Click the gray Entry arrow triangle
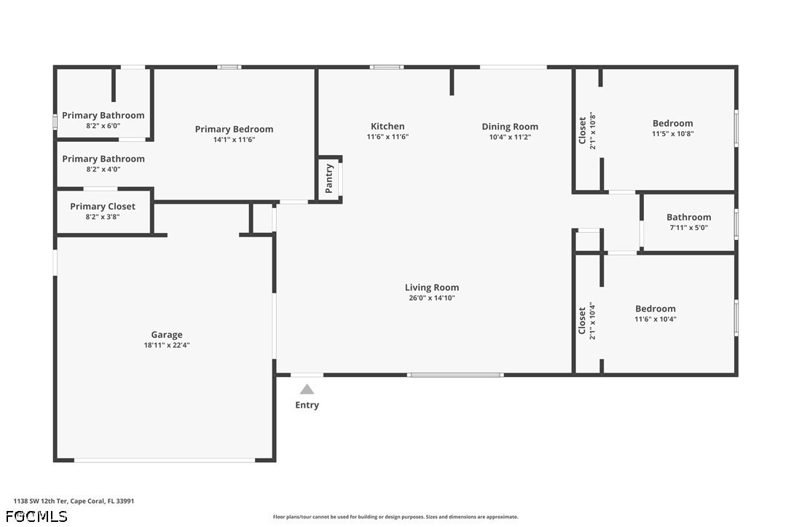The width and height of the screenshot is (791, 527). [307, 389]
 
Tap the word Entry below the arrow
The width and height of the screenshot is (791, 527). [307, 405]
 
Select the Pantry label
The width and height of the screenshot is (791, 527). [329, 178]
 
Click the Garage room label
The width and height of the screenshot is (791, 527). [167, 334]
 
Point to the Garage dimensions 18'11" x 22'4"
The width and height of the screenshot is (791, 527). [167, 345]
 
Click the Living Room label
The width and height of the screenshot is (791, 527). [432, 288]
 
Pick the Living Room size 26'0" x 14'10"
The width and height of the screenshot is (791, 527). [432, 298]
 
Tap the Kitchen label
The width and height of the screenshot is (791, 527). [387, 126]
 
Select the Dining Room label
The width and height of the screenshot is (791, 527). [510, 127]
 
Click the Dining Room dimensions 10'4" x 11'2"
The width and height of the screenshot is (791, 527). [510, 137]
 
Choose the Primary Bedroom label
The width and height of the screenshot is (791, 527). [234, 129]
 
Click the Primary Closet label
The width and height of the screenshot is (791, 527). [103, 206]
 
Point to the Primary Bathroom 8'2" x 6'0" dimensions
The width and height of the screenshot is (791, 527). [103, 126]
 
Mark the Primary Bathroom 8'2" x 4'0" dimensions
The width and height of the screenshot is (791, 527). [103, 169]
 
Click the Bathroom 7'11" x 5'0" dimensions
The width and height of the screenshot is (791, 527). [688, 227]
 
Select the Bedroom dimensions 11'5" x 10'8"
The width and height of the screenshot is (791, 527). [673, 134]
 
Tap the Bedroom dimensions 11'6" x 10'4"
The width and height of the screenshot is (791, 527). [656, 319]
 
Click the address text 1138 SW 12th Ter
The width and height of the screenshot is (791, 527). [40, 501]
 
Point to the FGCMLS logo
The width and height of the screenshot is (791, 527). [36, 516]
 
